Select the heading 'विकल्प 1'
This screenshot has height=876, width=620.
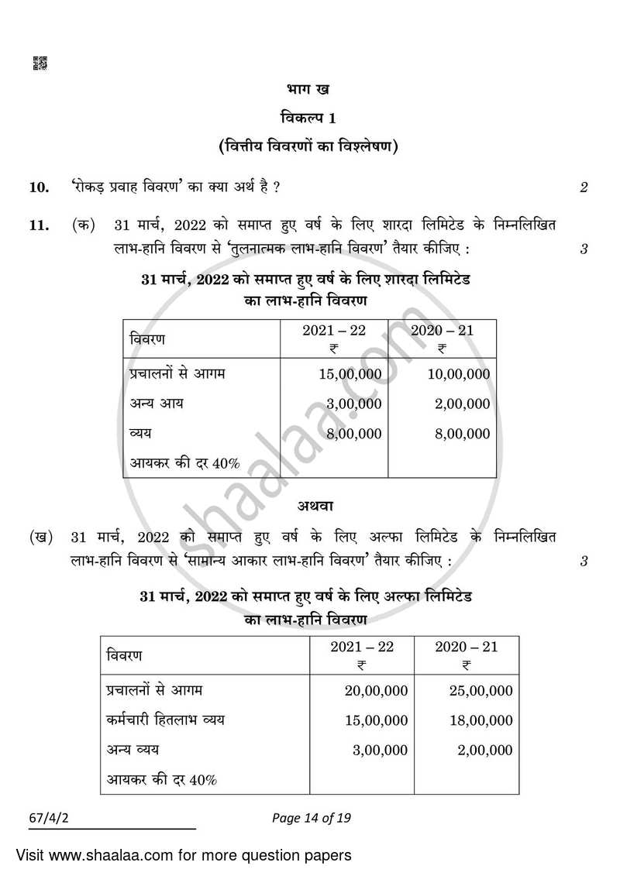(x=308, y=118)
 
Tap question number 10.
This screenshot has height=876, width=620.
(x=39, y=187)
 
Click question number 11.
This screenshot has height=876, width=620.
(x=39, y=225)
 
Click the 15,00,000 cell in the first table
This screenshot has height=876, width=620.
(x=350, y=374)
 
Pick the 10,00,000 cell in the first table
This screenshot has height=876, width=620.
(x=458, y=374)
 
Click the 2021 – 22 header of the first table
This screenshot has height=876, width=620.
(x=334, y=331)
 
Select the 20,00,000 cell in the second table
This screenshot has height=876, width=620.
(x=376, y=691)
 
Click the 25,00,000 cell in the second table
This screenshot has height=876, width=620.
(x=480, y=691)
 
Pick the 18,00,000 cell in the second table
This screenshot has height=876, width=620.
(x=480, y=720)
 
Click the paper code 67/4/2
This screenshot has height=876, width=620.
(x=46, y=817)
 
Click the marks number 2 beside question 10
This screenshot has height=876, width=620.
(x=584, y=187)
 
